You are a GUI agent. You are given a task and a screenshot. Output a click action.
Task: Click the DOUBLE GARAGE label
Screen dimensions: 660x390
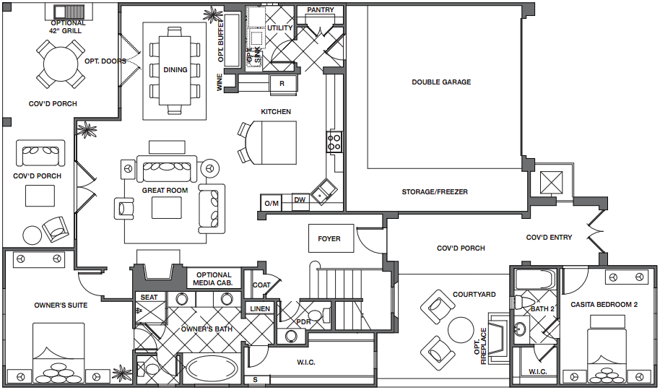(x=441, y=82)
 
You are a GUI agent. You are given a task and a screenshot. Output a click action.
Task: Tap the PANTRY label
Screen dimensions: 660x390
(x=321, y=9)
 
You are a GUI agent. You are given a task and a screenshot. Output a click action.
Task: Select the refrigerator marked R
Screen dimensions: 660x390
(x=282, y=83)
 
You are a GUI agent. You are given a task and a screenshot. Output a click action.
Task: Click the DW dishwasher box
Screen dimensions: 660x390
(x=300, y=201)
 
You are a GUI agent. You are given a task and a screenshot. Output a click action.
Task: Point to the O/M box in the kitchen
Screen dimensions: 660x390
(x=272, y=204)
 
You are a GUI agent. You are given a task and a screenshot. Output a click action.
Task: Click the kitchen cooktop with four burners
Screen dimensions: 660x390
(x=334, y=142)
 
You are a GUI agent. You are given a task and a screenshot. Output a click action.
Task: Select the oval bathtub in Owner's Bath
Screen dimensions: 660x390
(x=212, y=369)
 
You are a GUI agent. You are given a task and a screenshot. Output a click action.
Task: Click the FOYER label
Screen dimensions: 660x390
(x=329, y=239)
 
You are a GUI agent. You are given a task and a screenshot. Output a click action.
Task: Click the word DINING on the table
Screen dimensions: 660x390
(x=175, y=70)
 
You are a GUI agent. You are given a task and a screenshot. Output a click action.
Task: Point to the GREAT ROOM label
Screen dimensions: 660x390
(x=165, y=191)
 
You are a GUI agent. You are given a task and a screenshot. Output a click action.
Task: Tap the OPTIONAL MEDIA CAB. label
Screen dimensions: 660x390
(x=214, y=279)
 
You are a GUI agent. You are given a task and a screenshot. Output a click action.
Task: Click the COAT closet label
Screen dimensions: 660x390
(x=261, y=285)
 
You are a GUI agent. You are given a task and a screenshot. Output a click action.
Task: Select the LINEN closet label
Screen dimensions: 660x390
(x=260, y=308)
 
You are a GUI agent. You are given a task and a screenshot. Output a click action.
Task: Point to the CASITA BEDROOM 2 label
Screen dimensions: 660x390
(x=604, y=305)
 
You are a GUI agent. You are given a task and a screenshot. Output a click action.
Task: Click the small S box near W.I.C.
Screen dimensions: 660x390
(x=256, y=380)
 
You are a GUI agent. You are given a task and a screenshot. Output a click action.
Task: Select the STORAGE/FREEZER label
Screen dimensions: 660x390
(x=435, y=192)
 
